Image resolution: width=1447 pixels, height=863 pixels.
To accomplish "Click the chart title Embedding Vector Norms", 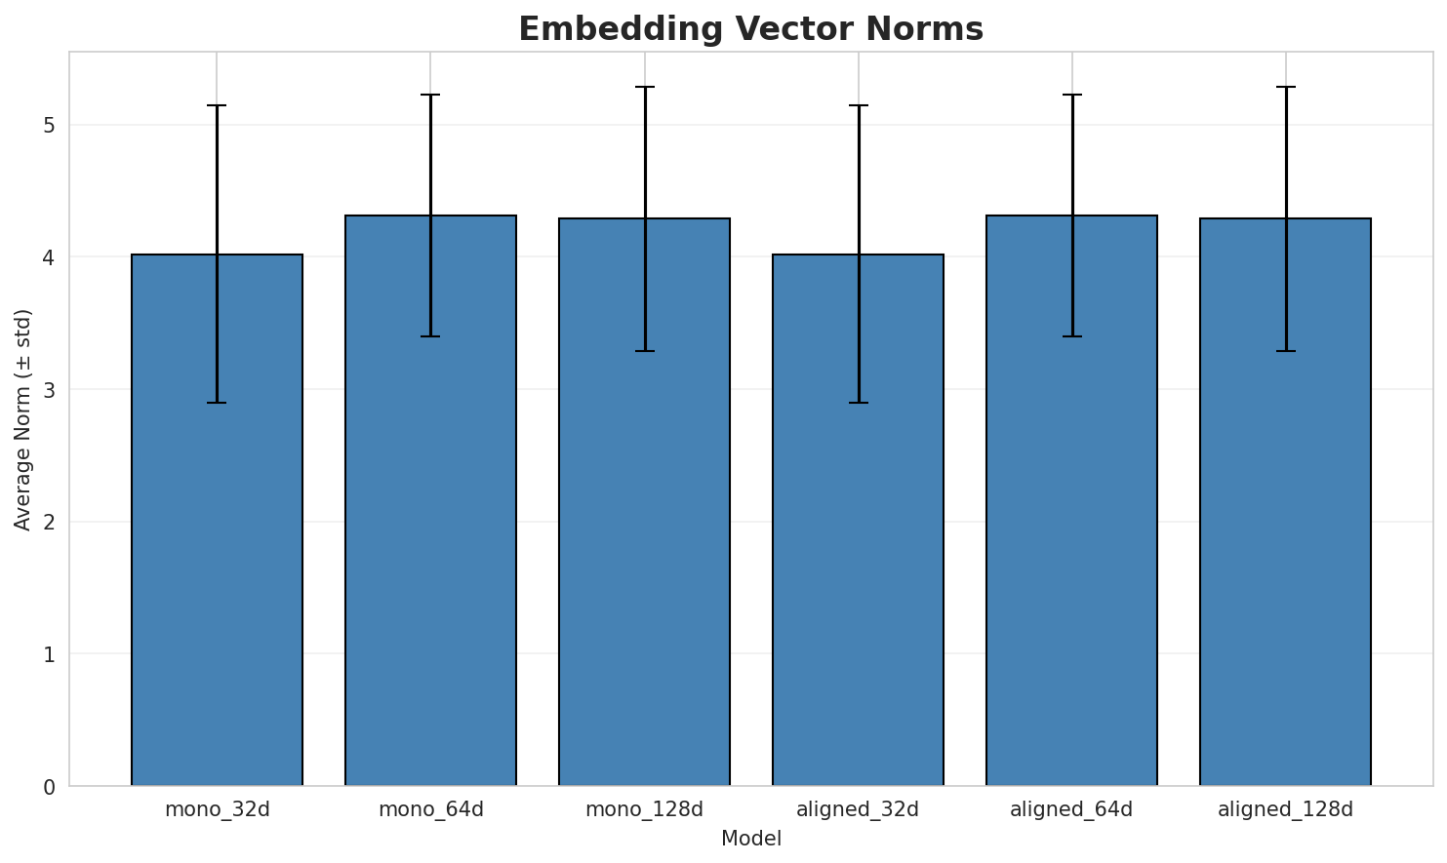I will pyautogui.click(x=750, y=29).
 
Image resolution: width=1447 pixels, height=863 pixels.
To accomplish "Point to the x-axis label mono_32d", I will pyautogui.click(x=217, y=809).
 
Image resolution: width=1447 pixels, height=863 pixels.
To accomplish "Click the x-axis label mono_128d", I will pyautogui.click(x=644, y=809).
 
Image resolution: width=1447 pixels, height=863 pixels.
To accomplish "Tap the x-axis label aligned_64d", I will pyautogui.click(x=1071, y=809).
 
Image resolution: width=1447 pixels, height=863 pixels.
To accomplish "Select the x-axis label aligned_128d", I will pyautogui.click(x=1285, y=809).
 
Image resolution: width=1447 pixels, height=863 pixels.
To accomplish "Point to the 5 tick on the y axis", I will pyautogui.click(x=48, y=126).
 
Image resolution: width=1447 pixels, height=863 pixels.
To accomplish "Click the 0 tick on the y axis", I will pyautogui.click(x=48, y=786).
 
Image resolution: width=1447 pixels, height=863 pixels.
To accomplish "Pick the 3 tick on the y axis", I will pyautogui.click(x=48, y=390).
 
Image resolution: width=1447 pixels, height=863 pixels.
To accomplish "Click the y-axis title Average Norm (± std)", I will pyautogui.click(x=23, y=419).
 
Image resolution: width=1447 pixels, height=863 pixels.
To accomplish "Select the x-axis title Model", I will pyautogui.click(x=750, y=839).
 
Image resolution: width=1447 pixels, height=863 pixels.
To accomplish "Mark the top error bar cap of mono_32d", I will pyautogui.click(x=217, y=105).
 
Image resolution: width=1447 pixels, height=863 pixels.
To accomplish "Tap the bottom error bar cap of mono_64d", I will pyautogui.click(x=430, y=336).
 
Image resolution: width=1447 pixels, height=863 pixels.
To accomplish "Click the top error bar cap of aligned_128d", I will pyautogui.click(x=1285, y=87).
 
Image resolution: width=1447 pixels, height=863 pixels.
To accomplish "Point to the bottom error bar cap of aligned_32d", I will pyautogui.click(x=858, y=403).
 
